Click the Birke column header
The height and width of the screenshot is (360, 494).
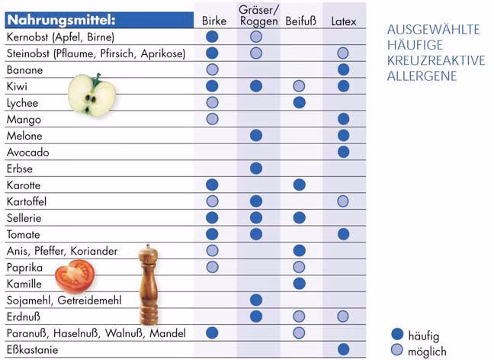[214, 21]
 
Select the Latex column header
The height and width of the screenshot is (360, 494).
[343, 21]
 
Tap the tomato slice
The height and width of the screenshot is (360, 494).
[74, 274]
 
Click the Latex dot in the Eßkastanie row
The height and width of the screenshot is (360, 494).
[343, 349]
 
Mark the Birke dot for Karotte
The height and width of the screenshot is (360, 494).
[213, 185]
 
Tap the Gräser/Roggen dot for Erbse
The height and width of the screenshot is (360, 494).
[256, 168]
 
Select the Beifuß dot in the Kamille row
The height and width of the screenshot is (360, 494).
[300, 283]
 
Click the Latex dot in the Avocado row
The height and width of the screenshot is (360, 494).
[343, 151]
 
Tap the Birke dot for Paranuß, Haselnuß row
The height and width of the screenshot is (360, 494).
[213, 333]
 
